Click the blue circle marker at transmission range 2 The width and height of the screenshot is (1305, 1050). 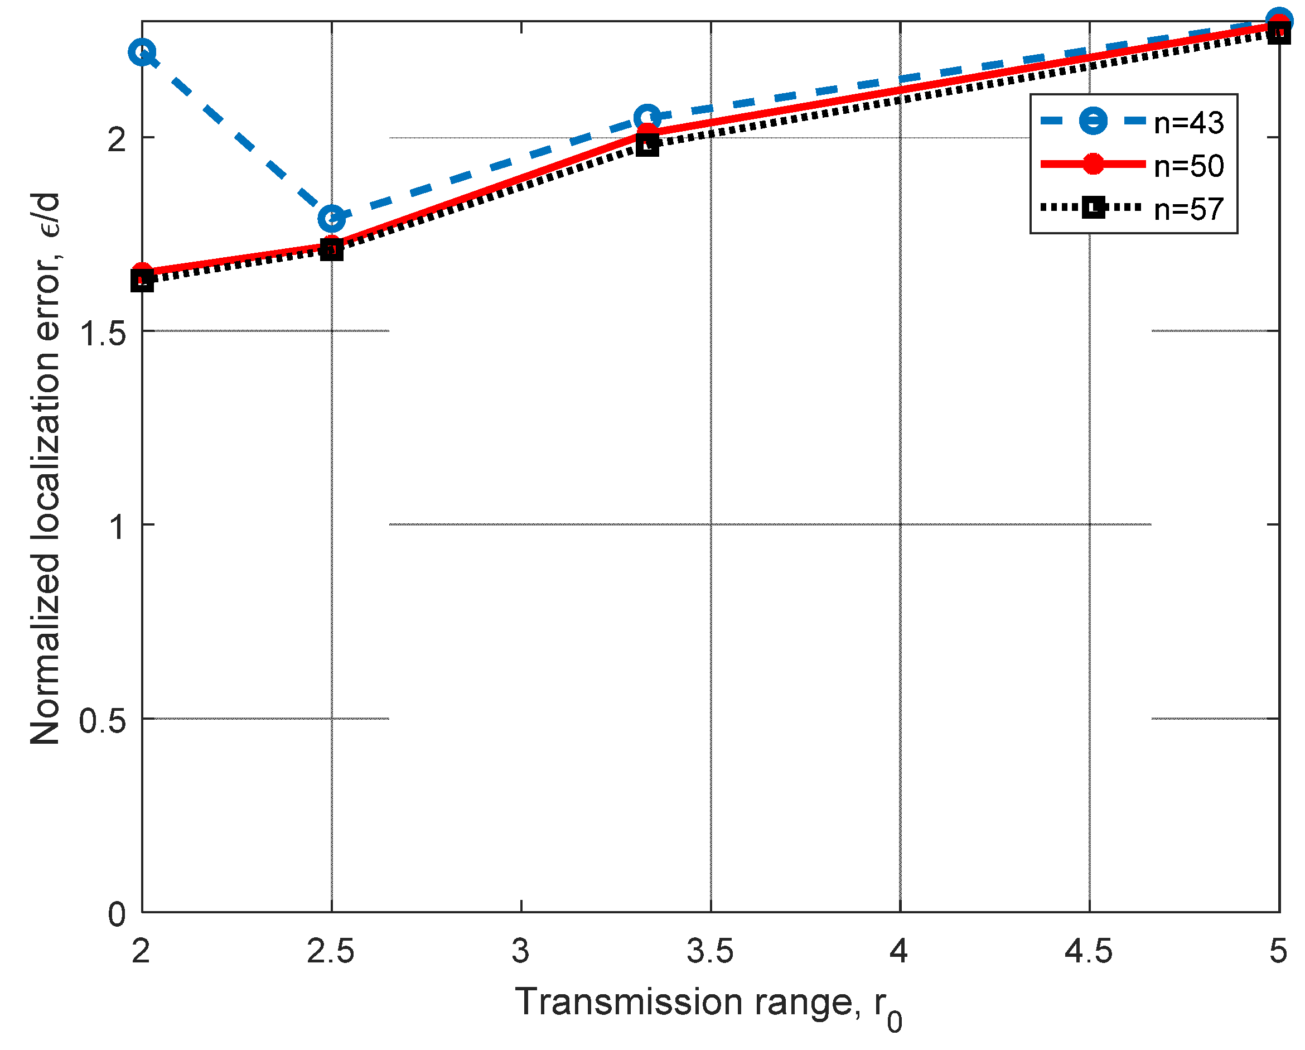(142, 52)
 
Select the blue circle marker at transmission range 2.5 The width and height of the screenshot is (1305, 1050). (332, 218)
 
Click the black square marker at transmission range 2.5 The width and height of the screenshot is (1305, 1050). (332, 249)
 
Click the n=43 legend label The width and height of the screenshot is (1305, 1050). (1189, 123)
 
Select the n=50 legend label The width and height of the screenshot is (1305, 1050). (1189, 166)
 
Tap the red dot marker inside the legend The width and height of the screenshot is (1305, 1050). (1093, 164)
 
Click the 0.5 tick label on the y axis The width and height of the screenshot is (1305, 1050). (103, 721)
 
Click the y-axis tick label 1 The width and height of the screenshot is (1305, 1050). (117, 527)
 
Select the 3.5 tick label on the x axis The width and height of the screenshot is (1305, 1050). (710, 951)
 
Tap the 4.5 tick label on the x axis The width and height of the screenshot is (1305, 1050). (1088, 951)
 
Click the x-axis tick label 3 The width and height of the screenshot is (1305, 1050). (520, 951)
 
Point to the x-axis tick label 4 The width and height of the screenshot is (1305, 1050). (899, 951)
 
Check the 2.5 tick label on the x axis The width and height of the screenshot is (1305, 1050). (331, 951)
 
